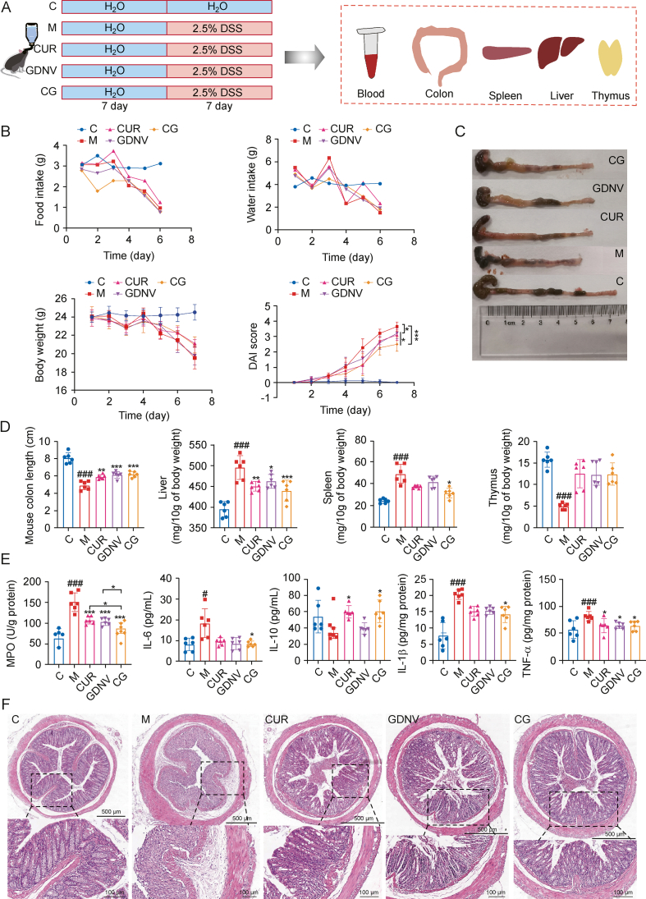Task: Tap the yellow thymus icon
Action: click(x=611, y=58)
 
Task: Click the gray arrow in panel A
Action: click(x=305, y=57)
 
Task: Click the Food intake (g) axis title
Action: click(x=40, y=185)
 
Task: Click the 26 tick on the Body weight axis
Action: click(x=61, y=299)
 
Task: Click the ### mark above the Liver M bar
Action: click(x=241, y=445)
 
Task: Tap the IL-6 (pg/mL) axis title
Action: click(x=168, y=619)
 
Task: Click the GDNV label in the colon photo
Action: click(x=608, y=188)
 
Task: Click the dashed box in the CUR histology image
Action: click(x=350, y=781)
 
